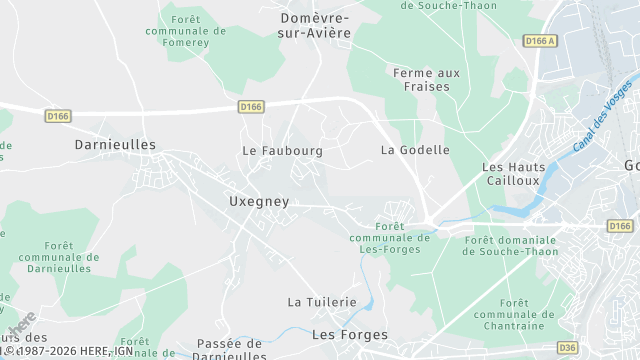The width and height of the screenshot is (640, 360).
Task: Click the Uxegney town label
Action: [x=259, y=201]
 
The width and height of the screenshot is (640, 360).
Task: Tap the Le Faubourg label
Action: [x=282, y=150]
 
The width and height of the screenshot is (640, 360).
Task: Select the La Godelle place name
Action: [x=415, y=150]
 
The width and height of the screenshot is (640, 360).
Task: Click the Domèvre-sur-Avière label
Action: [x=315, y=25]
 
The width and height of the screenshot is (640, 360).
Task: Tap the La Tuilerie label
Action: [x=322, y=301]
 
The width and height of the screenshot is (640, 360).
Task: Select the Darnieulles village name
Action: [x=115, y=144]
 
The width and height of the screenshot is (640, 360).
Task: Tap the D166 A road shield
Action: [x=539, y=41]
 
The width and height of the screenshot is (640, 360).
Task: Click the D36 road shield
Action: [x=567, y=348]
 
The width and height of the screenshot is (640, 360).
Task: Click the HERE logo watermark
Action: [x=22, y=326]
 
